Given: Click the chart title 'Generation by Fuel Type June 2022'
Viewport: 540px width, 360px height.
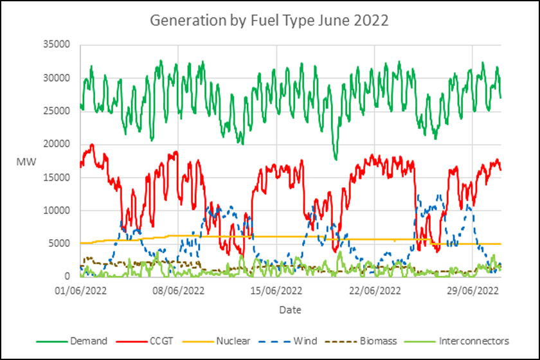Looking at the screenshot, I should coord(269,20).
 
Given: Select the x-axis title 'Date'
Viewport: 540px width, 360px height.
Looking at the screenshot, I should coord(289,310).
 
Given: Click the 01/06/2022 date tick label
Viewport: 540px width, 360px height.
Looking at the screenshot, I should coord(80,290).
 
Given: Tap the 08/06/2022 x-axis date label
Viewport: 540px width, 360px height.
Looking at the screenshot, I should coord(179,290).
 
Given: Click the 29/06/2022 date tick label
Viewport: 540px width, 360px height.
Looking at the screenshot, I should coord(473,290).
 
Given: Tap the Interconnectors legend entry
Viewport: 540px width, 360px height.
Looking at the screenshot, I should coord(474,341).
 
